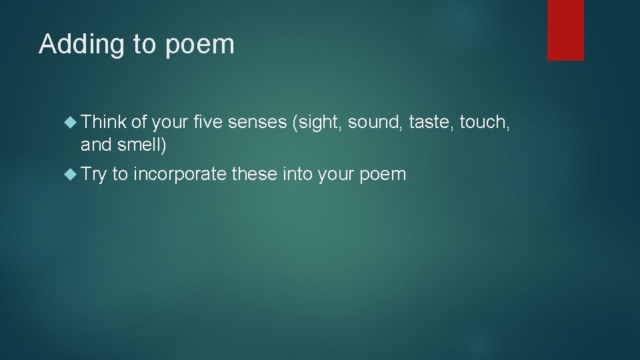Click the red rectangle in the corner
565,30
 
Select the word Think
103,121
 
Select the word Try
93,175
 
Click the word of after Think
139,121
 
